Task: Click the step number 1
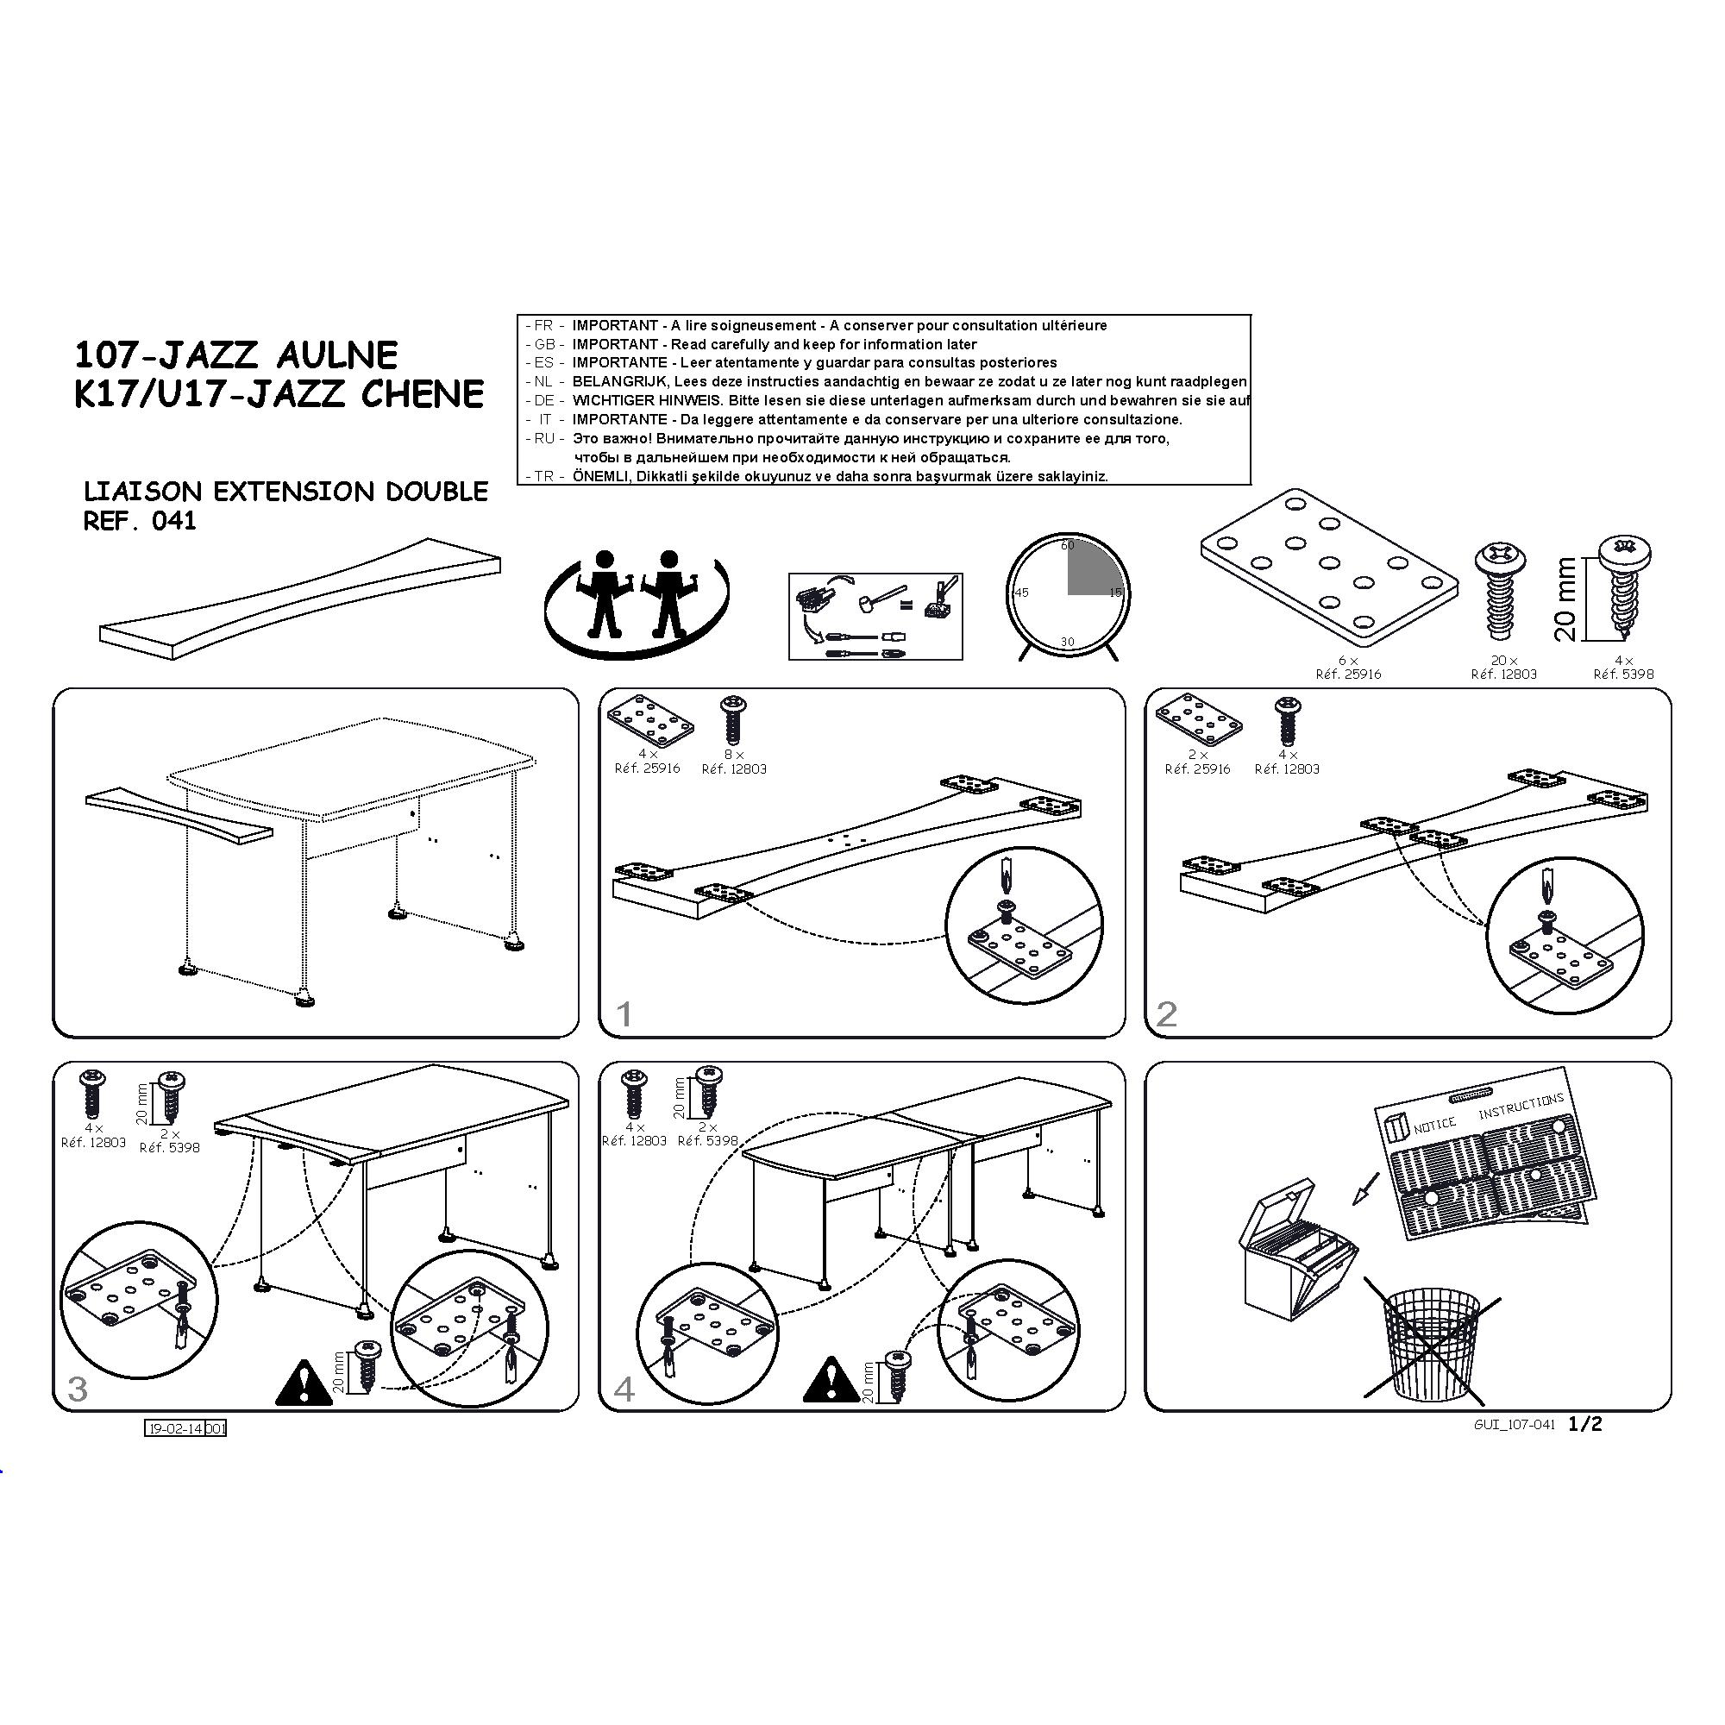pos(624,1013)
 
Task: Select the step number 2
pos(1166,1013)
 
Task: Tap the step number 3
pos(78,1389)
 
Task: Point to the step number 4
pos(624,1389)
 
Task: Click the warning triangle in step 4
pos(831,1379)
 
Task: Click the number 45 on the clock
pos(1022,593)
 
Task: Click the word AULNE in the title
pos(336,355)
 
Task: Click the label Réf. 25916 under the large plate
pos(1348,674)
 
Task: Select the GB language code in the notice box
pos(544,345)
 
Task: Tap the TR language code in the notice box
pos(543,477)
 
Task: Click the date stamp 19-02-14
pos(176,1428)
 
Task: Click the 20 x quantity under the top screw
pos(1503,661)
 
